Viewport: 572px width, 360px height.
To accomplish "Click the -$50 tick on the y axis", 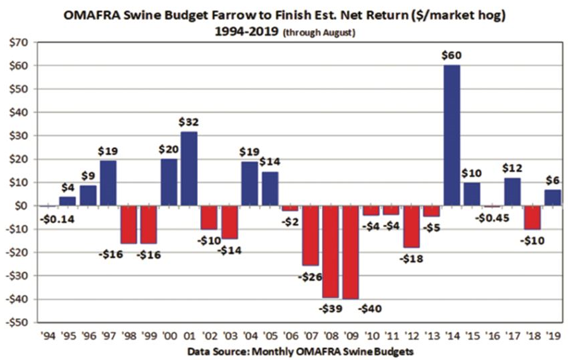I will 18,322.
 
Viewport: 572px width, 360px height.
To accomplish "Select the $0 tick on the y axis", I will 22,206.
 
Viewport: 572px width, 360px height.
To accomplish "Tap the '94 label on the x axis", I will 47,335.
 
